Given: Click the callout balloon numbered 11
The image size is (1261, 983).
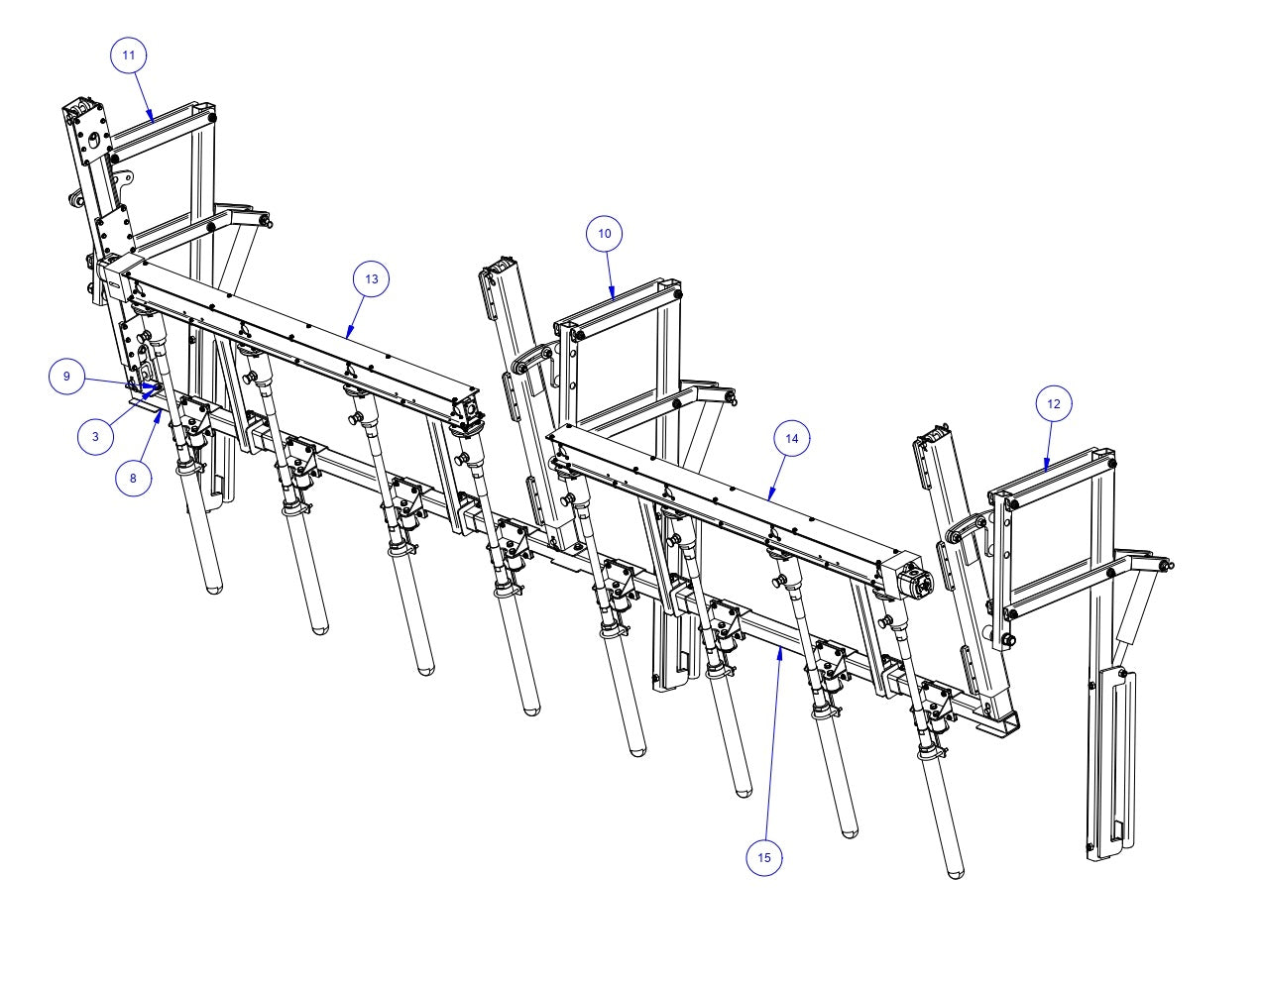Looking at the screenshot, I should (x=129, y=55).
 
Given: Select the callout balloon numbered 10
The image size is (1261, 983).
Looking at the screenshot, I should (x=605, y=234).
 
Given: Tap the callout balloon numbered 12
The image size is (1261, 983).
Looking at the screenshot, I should (x=1053, y=403).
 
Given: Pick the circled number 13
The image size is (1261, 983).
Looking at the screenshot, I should (x=371, y=279).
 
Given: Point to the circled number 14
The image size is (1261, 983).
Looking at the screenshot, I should (x=791, y=438).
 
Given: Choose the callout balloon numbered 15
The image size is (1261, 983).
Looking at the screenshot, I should (x=763, y=857).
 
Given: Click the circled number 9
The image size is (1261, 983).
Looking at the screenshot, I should (x=67, y=377).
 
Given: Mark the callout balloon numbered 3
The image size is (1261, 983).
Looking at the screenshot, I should (x=95, y=436).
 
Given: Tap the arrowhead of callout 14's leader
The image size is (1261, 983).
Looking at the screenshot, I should (x=769, y=497).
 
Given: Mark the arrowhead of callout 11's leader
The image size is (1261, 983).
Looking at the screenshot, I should (x=154, y=120).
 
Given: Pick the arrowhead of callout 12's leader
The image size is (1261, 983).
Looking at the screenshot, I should (x=1046, y=469).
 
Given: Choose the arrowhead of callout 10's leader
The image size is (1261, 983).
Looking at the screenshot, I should (x=614, y=298).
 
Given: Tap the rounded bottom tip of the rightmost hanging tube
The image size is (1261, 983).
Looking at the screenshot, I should (x=955, y=873).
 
